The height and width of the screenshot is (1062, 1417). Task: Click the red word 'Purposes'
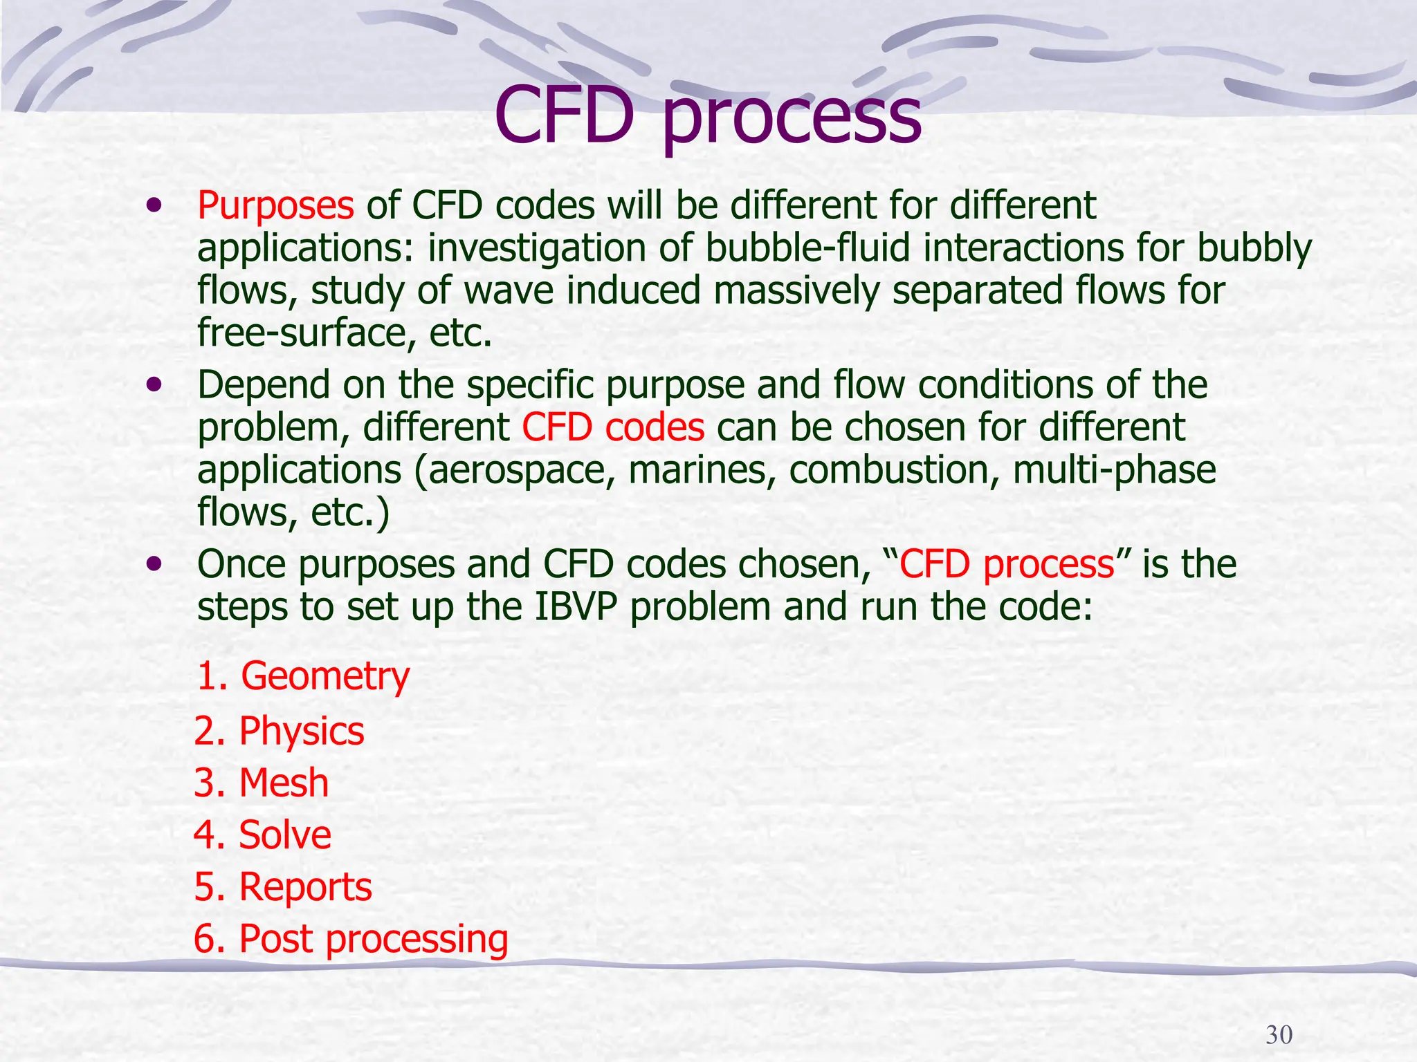(275, 205)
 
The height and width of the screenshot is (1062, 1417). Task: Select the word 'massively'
(796, 290)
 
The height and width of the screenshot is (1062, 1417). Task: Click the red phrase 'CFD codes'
(613, 427)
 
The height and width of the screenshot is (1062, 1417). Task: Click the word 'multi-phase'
(1114, 470)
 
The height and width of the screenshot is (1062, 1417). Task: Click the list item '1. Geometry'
(303, 676)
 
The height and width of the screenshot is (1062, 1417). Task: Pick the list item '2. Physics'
(279, 731)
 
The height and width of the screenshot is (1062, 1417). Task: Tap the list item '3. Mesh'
(262, 783)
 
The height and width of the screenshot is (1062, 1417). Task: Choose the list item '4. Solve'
(263, 835)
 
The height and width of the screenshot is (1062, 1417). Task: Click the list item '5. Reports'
(283, 887)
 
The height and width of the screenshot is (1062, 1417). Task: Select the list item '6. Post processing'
(351, 939)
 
